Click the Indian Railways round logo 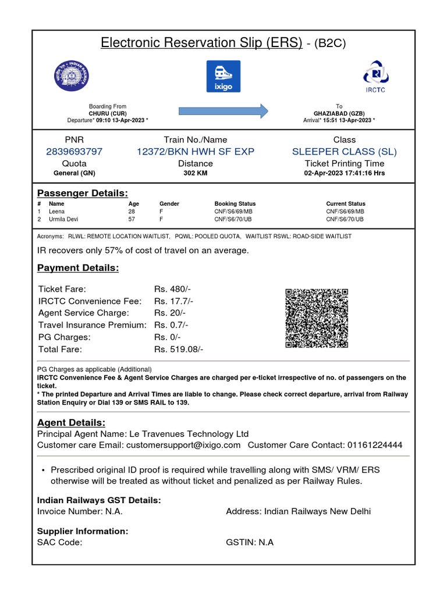click(x=73, y=76)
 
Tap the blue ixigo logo click(x=223, y=76)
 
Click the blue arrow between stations click(x=223, y=110)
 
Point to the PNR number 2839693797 click(x=74, y=152)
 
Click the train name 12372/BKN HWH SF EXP click(x=196, y=152)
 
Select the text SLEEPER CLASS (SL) click(x=345, y=152)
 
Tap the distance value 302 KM click(x=196, y=173)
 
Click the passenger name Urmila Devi click(x=63, y=220)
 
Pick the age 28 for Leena click(x=132, y=212)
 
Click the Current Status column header click(x=346, y=204)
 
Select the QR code click(x=317, y=318)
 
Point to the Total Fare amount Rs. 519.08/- click(x=179, y=349)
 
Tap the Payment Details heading click(x=78, y=268)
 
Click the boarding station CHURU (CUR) click(x=108, y=113)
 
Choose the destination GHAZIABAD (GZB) click(x=339, y=113)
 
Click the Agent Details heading click(x=71, y=422)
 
